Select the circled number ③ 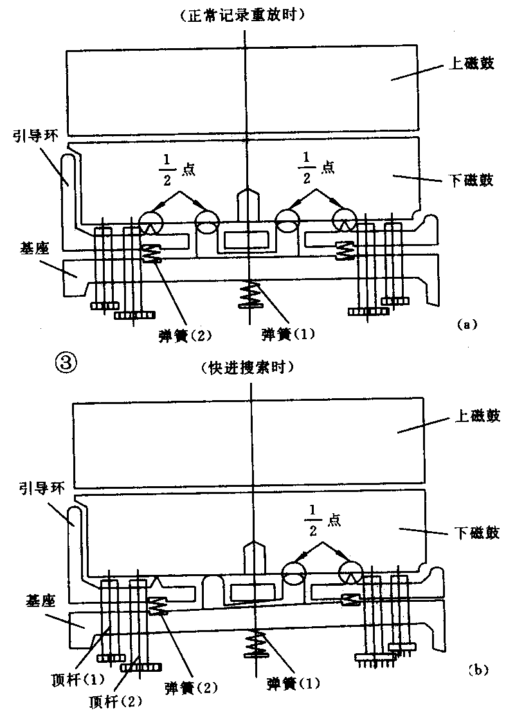(67, 364)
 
